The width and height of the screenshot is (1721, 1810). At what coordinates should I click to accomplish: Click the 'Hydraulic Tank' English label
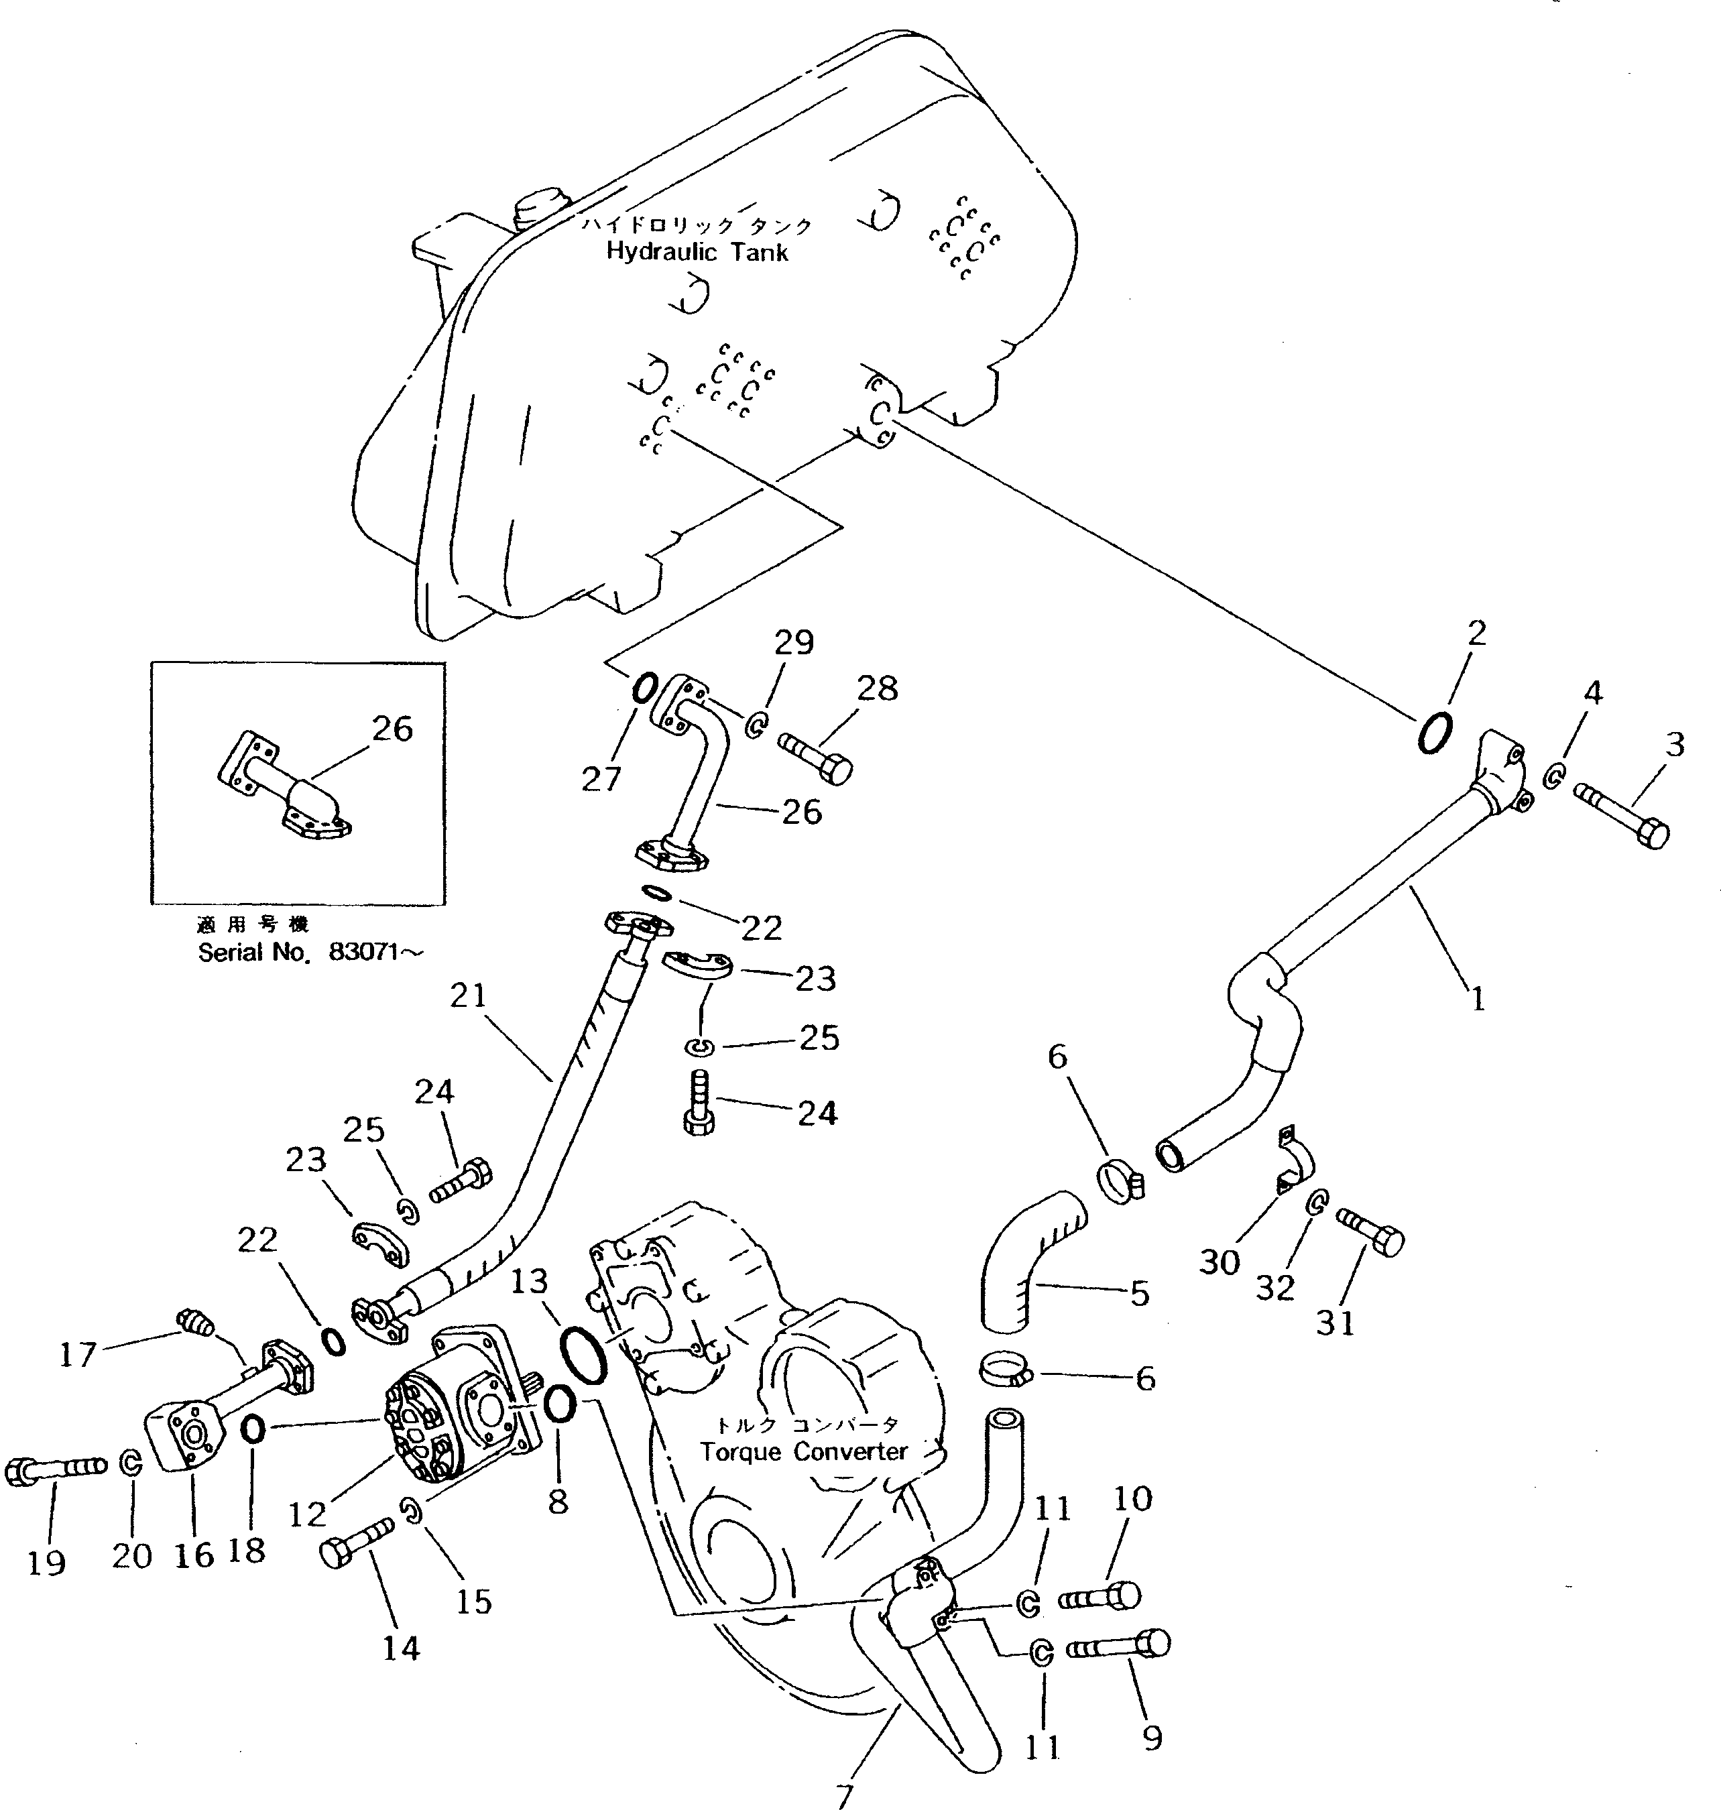pyautogui.click(x=697, y=251)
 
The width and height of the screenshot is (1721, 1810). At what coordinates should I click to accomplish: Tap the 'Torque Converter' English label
pyautogui.click(x=804, y=1451)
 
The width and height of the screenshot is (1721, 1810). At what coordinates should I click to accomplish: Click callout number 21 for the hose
pyautogui.click(x=468, y=995)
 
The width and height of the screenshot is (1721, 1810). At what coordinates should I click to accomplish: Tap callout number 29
pyautogui.click(x=794, y=642)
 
